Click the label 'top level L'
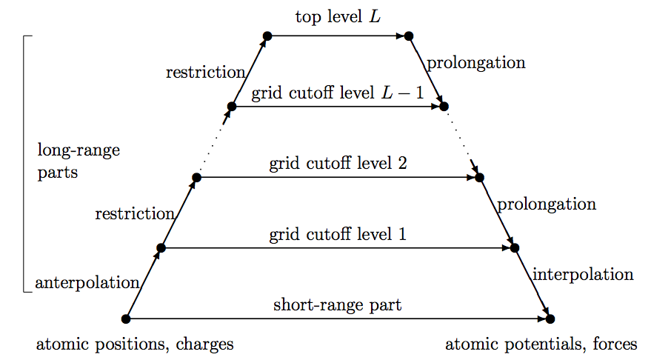point(338,16)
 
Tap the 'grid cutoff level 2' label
point(338,164)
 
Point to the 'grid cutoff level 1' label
point(338,235)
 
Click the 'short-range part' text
point(338,304)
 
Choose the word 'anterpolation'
point(87,282)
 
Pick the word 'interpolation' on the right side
point(584,274)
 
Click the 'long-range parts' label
point(78,161)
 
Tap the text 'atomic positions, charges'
point(135,344)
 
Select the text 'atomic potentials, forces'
point(541,344)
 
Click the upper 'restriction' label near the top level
point(205,72)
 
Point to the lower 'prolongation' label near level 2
point(547,204)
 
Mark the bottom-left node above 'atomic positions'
point(126,319)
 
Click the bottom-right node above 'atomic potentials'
point(550,319)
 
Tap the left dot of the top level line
point(267,36)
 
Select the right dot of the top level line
point(408,36)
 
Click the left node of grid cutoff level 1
point(161,248)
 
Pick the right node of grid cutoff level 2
point(479,178)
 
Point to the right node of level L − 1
point(444,107)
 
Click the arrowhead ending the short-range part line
point(541,319)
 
